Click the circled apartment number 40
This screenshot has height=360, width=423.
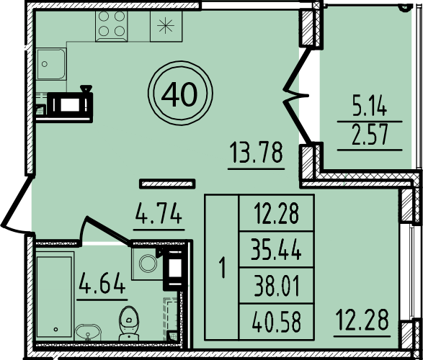tap(179, 94)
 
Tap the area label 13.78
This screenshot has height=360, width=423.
tap(254, 153)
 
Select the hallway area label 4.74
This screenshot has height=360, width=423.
tap(159, 215)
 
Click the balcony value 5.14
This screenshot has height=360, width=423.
tap(370, 109)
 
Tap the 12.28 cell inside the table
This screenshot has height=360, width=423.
tap(277, 213)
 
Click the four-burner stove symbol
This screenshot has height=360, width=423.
tap(112, 25)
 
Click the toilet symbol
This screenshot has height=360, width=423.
tap(130, 318)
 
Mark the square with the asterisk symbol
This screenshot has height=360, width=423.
tap(166, 25)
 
